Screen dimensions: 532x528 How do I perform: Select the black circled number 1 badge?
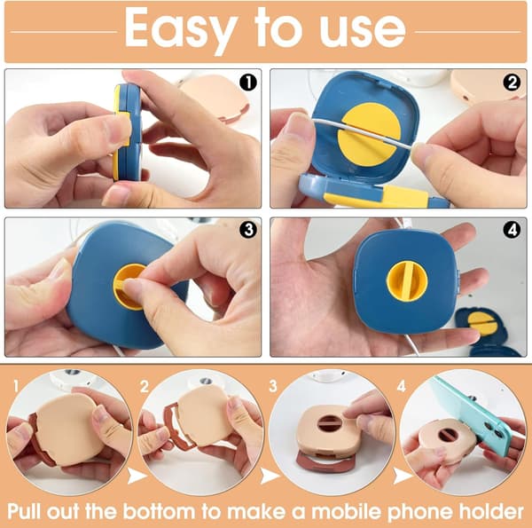(x=248, y=83)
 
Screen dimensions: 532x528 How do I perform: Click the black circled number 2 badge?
(x=512, y=83)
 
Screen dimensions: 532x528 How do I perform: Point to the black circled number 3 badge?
(x=248, y=230)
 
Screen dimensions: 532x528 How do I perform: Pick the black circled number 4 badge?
(x=512, y=230)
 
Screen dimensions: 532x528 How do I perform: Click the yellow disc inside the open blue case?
(x=370, y=135)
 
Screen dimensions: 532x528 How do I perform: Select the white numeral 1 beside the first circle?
(x=16, y=387)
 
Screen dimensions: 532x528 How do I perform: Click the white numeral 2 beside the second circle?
(x=145, y=387)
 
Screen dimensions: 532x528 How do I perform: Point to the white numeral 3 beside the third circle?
(x=273, y=387)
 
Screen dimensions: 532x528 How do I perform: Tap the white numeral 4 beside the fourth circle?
(x=402, y=387)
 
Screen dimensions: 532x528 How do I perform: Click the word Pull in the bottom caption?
(x=25, y=510)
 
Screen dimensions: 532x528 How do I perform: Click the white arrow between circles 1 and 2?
(x=137, y=475)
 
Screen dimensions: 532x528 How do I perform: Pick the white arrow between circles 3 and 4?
(x=402, y=475)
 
